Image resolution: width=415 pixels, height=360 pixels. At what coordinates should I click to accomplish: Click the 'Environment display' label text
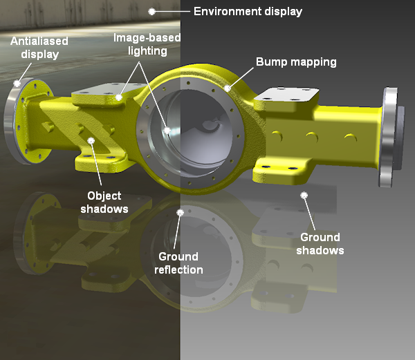point(248,12)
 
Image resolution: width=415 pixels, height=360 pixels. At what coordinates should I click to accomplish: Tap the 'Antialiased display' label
point(39,48)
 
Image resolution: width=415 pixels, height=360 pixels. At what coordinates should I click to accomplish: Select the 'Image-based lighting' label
point(147,44)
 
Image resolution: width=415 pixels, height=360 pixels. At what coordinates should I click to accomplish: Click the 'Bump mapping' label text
point(296,62)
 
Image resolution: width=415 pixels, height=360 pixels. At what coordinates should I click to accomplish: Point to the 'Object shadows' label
point(104,202)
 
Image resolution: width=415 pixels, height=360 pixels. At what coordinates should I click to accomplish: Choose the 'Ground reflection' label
point(178,263)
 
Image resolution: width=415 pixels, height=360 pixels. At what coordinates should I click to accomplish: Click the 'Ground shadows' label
point(320,244)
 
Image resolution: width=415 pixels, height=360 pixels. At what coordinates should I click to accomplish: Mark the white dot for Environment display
point(151,12)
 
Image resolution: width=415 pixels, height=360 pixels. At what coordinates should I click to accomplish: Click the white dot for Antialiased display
point(17,84)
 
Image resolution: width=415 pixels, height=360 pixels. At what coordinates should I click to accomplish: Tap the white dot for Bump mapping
point(228,88)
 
